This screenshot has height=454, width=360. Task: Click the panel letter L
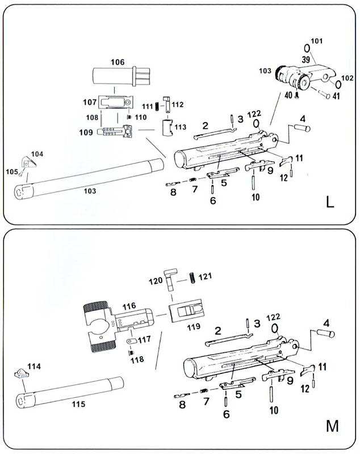click(330, 202)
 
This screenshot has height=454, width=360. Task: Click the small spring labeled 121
click(193, 276)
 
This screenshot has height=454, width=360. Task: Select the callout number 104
click(36, 154)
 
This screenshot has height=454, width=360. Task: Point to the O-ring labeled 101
click(307, 47)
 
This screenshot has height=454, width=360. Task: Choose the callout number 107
click(89, 103)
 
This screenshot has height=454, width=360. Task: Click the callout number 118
click(137, 359)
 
